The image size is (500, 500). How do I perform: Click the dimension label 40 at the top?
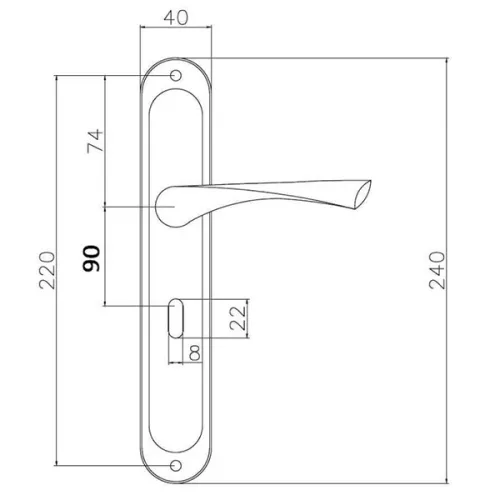[176, 18]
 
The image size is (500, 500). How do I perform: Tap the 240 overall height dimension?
[437, 270]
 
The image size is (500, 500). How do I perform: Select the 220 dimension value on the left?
[47, 270]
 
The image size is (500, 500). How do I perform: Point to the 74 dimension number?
[95, 141]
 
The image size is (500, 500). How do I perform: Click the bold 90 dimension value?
[91, 259]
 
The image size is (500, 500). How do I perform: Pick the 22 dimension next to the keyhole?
[238, 318]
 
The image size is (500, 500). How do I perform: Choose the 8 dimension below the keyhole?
[195, 353]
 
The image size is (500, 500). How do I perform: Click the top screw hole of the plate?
[176, 76]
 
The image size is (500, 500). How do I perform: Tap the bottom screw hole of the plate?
[176, 466]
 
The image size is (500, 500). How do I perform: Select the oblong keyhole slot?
[176, 318]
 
